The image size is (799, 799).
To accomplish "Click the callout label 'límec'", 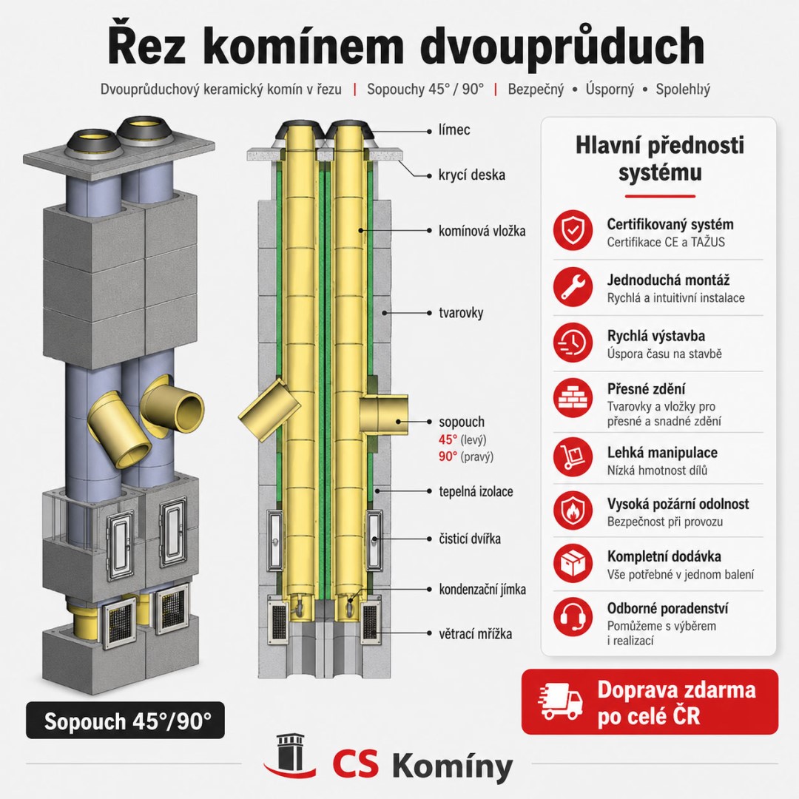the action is (454, 130).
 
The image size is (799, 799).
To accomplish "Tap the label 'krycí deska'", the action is (472, 175).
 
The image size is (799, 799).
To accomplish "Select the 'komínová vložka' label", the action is (482, 231).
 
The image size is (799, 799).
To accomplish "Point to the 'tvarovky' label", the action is (461, 312).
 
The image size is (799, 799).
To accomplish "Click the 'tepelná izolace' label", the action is (476, 491).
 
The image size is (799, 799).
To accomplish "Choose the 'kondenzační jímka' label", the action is (482, 589).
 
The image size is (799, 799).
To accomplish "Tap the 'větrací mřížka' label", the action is (476, 633).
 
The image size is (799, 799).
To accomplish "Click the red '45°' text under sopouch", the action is (448, 439).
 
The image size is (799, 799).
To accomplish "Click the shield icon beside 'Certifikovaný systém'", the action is (573, 230).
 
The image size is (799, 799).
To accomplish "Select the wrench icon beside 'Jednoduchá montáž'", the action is (573, 286).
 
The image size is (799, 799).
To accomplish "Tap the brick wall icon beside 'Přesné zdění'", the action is (573, 397).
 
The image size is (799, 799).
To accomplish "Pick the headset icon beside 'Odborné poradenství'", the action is (573, 617).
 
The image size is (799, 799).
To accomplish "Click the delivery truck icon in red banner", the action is (561, 701).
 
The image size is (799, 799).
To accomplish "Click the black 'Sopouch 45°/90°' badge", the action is (125, 720).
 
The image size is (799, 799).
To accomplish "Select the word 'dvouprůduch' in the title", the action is (562, 47).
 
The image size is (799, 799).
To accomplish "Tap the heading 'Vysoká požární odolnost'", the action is (678, 504).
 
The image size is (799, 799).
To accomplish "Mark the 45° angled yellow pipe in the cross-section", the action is (269, 410).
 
